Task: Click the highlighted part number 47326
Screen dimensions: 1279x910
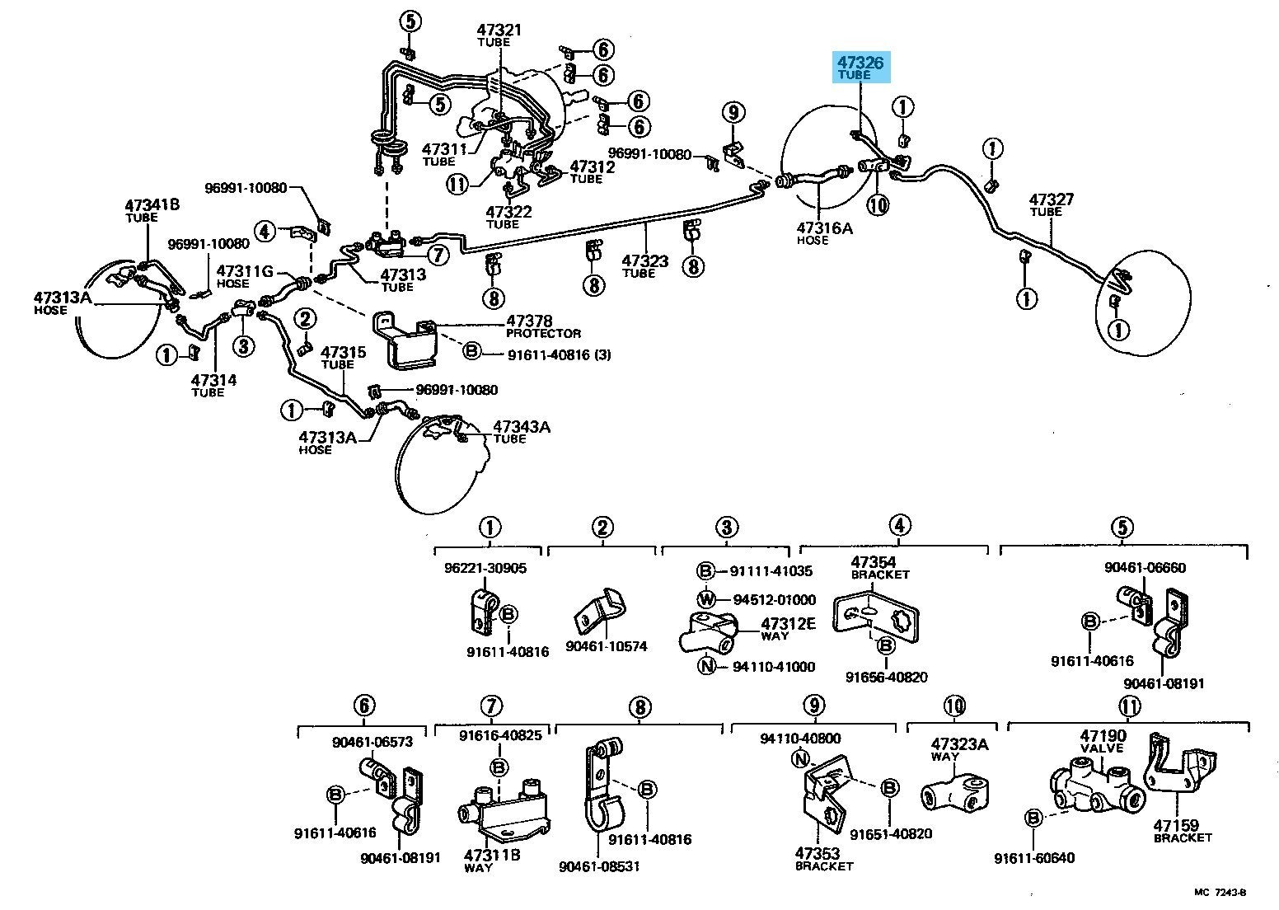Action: click(860, 62)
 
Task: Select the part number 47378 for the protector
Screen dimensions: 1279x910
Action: click(529, 321)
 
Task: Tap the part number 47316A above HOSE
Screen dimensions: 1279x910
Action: click(824, 228)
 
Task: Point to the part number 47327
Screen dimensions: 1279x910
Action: click(1052, 199)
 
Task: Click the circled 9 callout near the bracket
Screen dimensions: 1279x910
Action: click(733, 113)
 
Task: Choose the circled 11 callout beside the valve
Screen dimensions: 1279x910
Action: click(458, 184)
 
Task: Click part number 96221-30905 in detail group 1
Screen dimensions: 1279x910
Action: click(485, 569)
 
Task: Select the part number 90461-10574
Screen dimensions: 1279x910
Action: click(607, 646)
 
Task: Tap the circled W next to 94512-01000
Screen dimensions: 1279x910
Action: click(706, 599)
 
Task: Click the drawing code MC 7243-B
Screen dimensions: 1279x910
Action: click(1221, 892)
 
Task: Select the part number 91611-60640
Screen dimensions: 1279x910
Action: click(1034, 858)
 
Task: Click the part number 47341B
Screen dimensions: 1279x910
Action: click(152, 204)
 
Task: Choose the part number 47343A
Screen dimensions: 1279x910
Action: click(522, 427)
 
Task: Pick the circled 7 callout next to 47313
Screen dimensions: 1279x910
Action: click(438, 255)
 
